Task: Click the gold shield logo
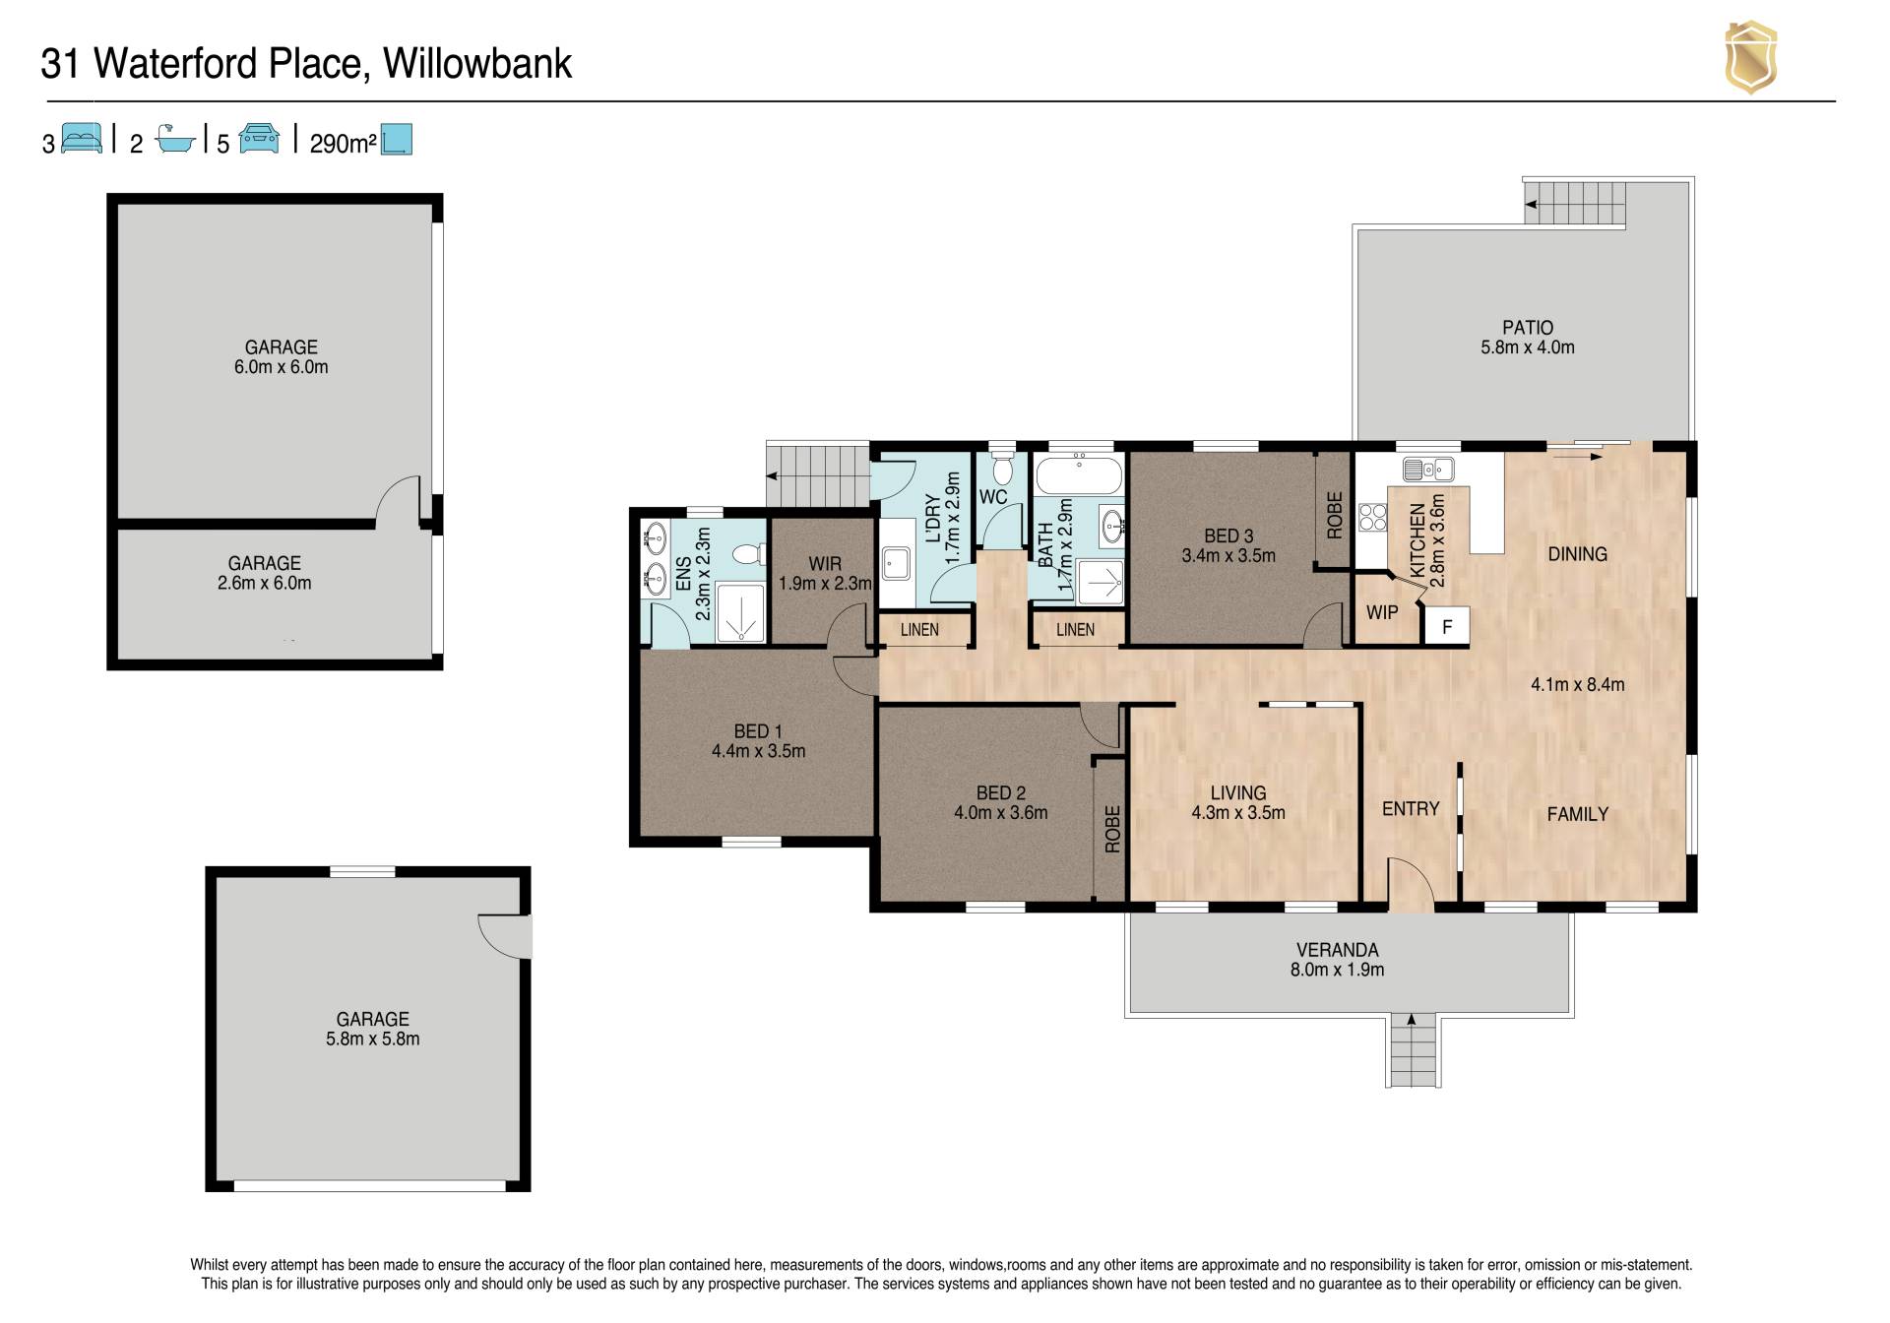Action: point(1750,58)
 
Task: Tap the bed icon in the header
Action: point(82,139)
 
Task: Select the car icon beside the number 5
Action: point(259,139)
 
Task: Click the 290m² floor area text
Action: point(344,144)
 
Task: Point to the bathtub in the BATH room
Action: point(1080,474)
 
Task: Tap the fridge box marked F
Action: point(1447,626)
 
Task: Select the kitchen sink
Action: point(1428,469)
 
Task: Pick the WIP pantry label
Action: point(1382,612)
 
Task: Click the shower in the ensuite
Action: point(740,613)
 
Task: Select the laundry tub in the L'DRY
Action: point(897,564)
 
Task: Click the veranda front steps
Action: point(1413,1050)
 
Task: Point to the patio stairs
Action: point(1576,203)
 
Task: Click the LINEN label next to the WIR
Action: point(919,630)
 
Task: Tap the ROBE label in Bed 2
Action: point(1112,829)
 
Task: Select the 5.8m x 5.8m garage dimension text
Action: point(373,1039)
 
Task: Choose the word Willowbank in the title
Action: point(477,64)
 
